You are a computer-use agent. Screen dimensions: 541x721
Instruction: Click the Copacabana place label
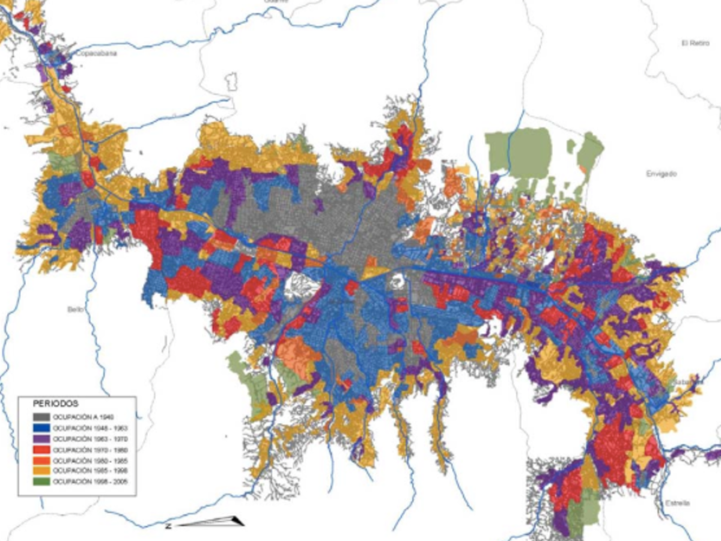point(97,53)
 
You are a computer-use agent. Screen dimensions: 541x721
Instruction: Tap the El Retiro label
point(695,43)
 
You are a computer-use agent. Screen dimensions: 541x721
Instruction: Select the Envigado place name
point(662,173)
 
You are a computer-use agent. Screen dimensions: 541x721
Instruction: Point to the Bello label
point(75,309)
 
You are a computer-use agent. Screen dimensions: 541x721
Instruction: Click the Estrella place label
point(677,503)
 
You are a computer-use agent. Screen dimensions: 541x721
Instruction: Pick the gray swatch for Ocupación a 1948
point(39,417)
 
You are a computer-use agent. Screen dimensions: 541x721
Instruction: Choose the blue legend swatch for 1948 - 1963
point(39,427)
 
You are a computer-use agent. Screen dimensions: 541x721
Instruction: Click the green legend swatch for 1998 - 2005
point(39,481)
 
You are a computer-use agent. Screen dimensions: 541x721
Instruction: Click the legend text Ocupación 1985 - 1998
point(90,471)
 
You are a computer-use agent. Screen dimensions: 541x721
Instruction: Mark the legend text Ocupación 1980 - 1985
point(90,460)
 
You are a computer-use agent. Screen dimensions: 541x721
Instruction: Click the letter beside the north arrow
point(169,525)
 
